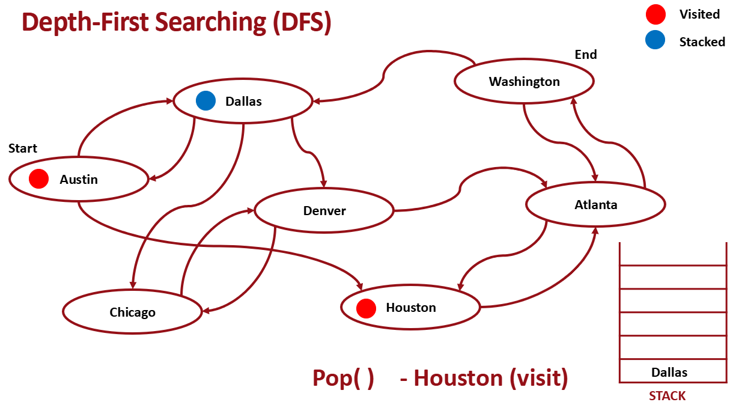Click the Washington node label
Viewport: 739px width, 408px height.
[524, 82]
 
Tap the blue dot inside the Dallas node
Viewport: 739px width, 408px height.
[205, 101]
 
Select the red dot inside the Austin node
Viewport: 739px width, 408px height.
[38, 178]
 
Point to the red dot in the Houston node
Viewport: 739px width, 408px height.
[366, 308]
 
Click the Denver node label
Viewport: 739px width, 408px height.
[324, 211]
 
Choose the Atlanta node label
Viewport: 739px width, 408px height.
[595, 205]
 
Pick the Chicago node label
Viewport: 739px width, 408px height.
[132, 312]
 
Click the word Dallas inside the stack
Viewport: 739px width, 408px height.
[669, 373]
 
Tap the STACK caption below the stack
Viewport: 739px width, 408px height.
[667, 396]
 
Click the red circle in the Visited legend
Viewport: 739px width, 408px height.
[655, 14]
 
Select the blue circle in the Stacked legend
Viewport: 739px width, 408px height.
[655, 41]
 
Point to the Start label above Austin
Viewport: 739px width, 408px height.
[23, 148]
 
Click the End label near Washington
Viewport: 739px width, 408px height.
[586, 55]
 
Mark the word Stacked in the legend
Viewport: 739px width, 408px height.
[702, 41]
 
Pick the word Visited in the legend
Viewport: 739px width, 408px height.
[699, 14]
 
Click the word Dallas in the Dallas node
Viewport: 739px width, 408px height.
[243, 102]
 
